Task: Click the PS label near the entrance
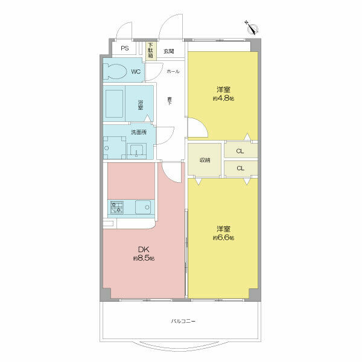tap(124, 48)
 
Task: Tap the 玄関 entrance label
tap(169, 51)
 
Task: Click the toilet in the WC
tap(116, 72)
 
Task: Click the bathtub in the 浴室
tap(115, 103)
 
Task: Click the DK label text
tap(143, 250)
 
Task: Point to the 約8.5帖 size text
tap(144, 258)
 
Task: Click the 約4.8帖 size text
tap(223, 98)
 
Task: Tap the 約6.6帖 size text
tap(223, 238)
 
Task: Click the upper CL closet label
tap(240, 151)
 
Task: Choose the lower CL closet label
tap(240, 168)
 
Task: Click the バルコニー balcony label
tap(183, 321)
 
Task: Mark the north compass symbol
tap(252, 26)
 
